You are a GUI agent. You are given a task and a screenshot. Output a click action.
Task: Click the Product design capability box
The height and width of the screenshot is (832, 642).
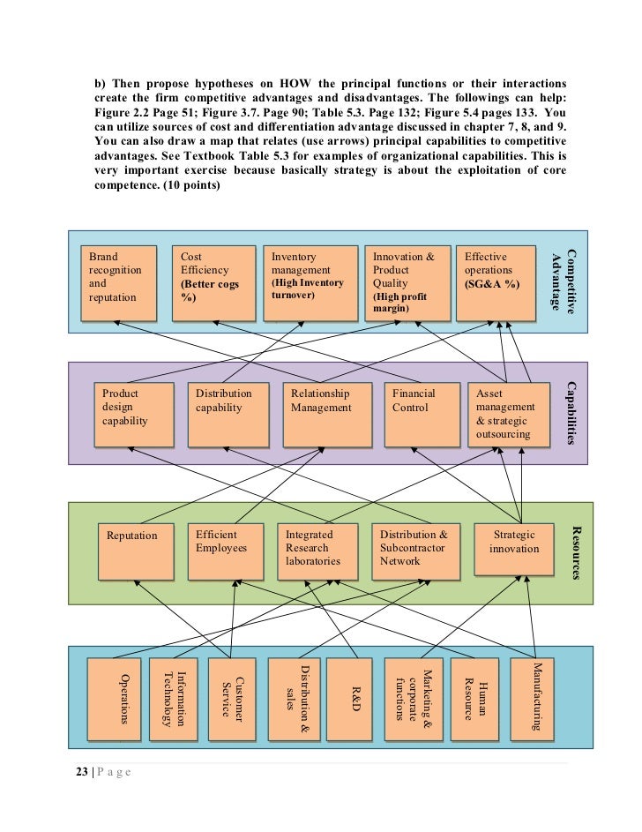[x=132, y=415]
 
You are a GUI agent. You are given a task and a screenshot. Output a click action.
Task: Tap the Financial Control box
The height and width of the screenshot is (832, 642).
[x=420, y=415]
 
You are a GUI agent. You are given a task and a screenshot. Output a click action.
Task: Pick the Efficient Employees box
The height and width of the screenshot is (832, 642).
[x=225, y=552]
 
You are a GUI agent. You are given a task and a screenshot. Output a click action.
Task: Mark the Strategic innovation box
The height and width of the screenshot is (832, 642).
[x=515, y=552]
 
